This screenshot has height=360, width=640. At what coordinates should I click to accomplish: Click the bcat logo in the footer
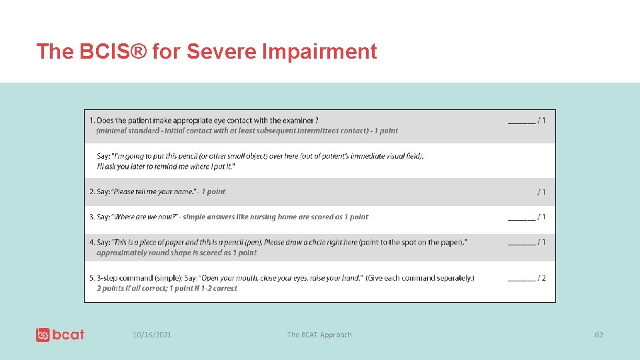pos(60,335)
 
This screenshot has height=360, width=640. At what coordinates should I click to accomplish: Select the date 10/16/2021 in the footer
pos(152,335)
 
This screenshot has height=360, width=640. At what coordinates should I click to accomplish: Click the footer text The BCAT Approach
pos(319,335)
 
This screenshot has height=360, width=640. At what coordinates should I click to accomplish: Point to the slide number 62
pos(599,335)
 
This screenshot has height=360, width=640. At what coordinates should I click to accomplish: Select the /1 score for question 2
pos(541,192)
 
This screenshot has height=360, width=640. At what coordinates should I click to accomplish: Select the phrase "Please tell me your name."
pos(155,192)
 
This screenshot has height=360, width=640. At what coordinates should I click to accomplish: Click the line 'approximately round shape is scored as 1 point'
pos(176,253)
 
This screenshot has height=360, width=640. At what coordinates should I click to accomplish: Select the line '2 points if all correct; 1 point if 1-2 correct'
pos(167,289)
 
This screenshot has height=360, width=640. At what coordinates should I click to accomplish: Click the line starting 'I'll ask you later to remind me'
pos(166,166)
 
